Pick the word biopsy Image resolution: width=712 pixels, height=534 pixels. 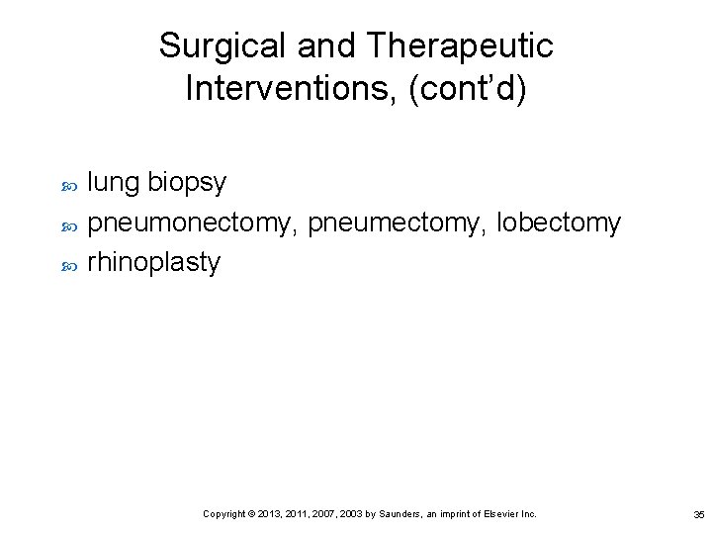point(187,184)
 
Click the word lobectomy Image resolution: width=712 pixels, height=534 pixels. point(559,224)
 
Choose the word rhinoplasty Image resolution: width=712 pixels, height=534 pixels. point(154,263)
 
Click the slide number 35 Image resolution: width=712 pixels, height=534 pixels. point(698,514)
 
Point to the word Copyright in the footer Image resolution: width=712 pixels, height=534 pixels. point(223,514)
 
